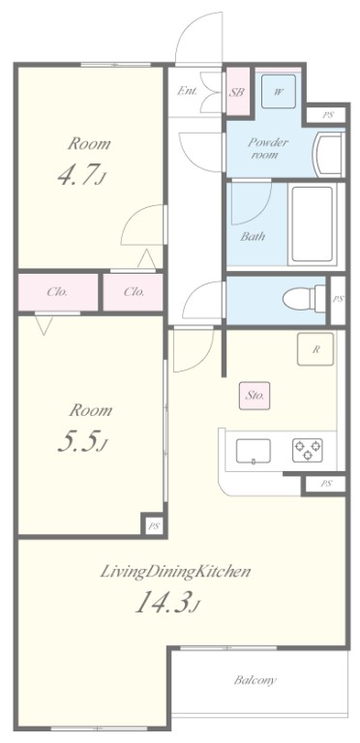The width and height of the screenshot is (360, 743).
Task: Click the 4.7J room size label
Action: point(88,178)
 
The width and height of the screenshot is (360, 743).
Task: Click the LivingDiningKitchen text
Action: point(176,572)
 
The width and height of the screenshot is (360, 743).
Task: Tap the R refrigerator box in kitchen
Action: point(315,349)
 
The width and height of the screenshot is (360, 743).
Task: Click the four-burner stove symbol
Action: point(308,449)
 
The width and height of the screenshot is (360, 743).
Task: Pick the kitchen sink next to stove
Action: point(255,450)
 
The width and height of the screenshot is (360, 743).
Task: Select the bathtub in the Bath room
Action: point(312,224)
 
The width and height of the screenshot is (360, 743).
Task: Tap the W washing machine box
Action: point(278,92)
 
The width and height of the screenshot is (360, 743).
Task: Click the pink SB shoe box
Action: point(237,93)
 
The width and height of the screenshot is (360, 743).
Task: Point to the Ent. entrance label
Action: point(188,92)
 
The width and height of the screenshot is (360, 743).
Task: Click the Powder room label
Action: point(269,148)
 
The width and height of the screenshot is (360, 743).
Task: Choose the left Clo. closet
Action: point(57,291)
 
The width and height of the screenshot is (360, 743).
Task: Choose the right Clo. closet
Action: point(135,291)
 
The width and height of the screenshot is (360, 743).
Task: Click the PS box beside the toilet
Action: point(338,298)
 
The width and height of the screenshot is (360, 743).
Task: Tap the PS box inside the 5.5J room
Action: point(153,525)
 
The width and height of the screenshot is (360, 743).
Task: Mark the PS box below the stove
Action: point(326,483)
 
